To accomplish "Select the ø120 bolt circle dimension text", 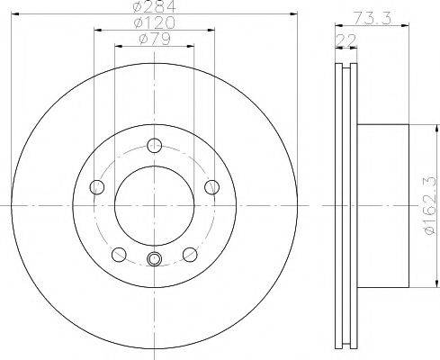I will [x=153, y=23].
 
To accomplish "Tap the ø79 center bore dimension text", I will [x=153, y=39].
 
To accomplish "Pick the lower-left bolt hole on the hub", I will [x=117, y=254].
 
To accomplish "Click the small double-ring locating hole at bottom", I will [x=153, y=260].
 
